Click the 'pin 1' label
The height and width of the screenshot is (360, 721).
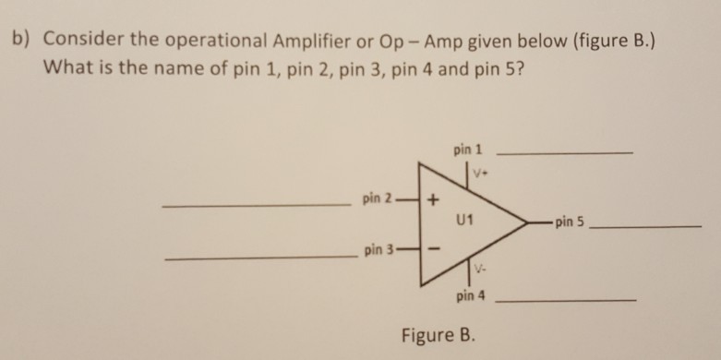(x=468, y=149)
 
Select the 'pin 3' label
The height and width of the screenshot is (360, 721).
(x=379, y=250)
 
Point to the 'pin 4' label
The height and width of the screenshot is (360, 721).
(x=469, y=297)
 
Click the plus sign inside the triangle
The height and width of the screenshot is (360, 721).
(x=434, y=200)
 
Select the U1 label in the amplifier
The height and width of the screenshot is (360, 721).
(x=464, y=221)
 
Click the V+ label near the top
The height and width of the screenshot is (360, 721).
(x=481, y=173)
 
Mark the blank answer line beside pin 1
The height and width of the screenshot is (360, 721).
(x=564, y=152)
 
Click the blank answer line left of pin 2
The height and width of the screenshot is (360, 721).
(x=256, y=205)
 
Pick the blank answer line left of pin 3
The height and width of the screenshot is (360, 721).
(x=258, y=258)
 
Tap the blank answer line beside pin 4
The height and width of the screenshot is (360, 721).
(x=566, y=301)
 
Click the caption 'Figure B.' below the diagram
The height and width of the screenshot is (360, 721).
(x=439, y=332)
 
